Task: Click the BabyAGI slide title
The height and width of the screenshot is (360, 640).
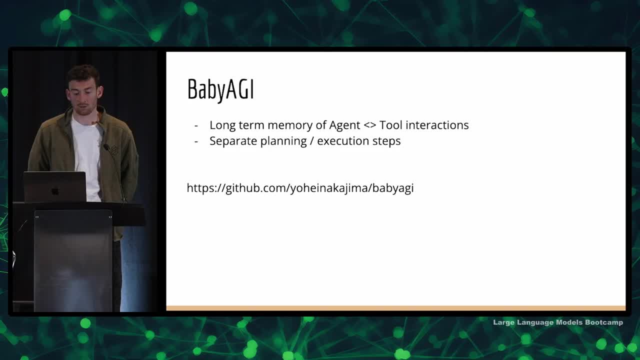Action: [220, 89]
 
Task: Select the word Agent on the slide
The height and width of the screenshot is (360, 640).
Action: [344, 125]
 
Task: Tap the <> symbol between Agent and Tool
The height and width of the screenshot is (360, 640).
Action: [370, 125]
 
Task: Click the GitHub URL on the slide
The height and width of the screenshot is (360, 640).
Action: [300, 188]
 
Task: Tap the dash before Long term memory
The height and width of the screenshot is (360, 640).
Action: [196, 125]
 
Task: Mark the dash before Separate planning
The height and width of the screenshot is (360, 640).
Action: [196, 141]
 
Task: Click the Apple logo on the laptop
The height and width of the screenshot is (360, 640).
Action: [55, 191]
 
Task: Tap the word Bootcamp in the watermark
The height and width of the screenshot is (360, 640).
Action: [604, 322]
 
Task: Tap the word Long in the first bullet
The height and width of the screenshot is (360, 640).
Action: [222, 125]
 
